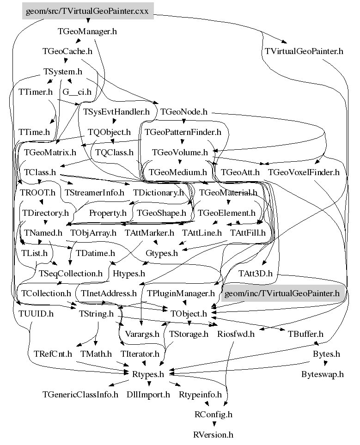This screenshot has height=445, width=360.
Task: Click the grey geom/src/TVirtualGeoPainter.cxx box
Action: pyautogui.click(x=87, y=11)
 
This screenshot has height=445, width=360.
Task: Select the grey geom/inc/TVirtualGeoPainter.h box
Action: pyautogui.click(x=281, y=293)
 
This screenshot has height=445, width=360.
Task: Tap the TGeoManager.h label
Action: pyautogui.click(x=87, y=32)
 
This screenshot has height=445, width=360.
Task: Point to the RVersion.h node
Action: pyautogui.click(x=213, y=434)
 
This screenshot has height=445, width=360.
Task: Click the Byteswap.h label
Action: pyautogui.click(x=323, y=374)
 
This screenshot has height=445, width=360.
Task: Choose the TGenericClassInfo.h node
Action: pyautogui.click(x=80, y=395)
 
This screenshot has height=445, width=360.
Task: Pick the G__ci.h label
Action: pyautogui.click(x=76, y=91)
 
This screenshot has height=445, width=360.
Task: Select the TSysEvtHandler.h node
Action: pyautogui.click(x=117, y=111)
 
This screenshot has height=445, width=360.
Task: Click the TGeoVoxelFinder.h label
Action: pyautogui.click(x=304, y=172)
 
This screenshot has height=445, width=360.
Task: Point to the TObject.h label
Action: pyautogui.click(x=189, y=314)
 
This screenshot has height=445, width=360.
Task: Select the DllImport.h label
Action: pyautogui.click(x=148, y=395)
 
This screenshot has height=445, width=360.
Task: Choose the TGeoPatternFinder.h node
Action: pyautogui.click(x=183, y=132)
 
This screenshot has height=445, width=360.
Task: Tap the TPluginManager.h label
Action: pyautogui.click(x=181, y=293)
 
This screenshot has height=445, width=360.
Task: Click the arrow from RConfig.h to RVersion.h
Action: pyautogui.click(x=214, y=424)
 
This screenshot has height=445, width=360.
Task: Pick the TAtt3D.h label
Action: pyautogui.click(x=256, y=274)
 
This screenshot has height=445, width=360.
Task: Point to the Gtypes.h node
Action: pyautogui.click(x=162, y=253)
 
